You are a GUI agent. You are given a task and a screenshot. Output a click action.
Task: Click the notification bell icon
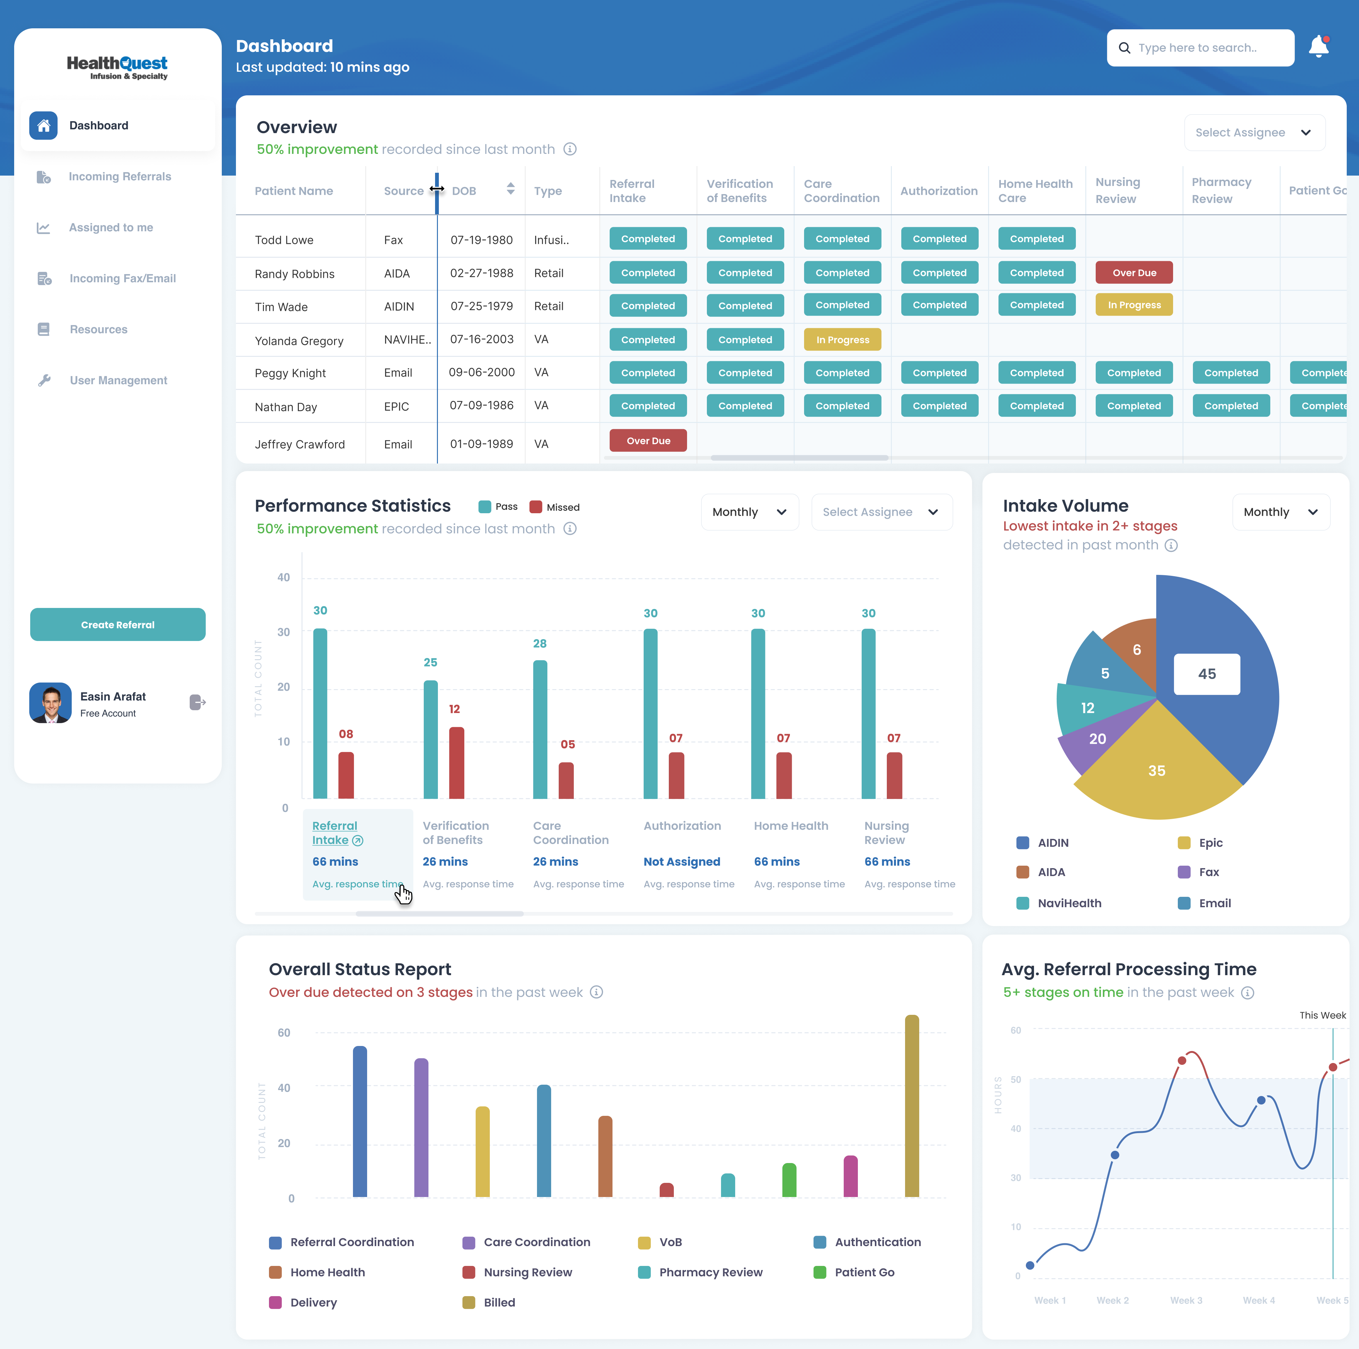1318,47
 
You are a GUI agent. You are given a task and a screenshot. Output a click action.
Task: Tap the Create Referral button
117,624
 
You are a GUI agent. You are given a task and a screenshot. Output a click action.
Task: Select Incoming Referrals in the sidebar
120,177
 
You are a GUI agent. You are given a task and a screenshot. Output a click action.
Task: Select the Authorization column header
938,191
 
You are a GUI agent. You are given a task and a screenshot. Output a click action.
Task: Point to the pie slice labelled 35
1156,771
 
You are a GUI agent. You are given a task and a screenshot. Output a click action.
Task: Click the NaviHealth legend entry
1069,903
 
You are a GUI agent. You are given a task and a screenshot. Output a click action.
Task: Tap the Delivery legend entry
313,1302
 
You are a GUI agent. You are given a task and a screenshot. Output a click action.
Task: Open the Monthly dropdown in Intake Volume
1280,512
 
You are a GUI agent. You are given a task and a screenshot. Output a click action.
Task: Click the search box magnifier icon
1124,48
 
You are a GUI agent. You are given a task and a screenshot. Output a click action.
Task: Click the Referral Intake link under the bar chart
335,833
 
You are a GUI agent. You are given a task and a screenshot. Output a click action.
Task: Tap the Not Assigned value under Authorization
682,861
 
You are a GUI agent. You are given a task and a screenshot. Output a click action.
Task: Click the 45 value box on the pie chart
1206,673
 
